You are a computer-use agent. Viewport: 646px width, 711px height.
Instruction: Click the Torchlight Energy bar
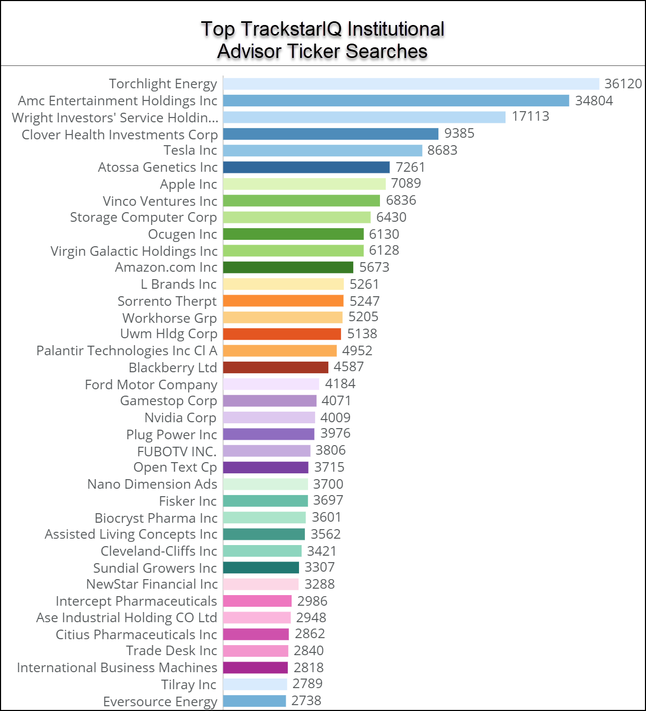411,84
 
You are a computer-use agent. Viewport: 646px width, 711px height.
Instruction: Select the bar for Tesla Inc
322,150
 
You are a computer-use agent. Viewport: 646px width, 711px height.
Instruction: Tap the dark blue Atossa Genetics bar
306,168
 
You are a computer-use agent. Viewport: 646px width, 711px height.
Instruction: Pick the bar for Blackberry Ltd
276,367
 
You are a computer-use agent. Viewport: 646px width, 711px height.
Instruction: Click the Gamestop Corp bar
270,401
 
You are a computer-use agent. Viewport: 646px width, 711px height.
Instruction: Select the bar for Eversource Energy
254,701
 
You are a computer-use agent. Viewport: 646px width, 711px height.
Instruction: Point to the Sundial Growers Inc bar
261,567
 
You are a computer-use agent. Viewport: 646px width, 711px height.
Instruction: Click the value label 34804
594,101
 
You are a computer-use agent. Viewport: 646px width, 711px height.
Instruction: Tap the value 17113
531,116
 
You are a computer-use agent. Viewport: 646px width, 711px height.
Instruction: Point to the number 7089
406,183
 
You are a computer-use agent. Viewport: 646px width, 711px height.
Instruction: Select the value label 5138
362,333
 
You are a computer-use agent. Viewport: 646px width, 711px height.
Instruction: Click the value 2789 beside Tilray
308,683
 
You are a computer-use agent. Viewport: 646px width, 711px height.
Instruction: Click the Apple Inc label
188,185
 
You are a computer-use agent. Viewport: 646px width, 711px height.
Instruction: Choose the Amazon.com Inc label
166,267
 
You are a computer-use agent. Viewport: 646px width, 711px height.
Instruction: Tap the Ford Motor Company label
151,384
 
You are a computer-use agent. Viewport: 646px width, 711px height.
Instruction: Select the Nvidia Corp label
180,418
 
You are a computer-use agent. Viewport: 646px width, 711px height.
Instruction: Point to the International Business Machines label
117,667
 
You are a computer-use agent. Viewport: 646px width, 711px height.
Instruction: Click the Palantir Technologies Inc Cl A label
127,351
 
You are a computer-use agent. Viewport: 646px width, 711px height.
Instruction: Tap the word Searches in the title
387,52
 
